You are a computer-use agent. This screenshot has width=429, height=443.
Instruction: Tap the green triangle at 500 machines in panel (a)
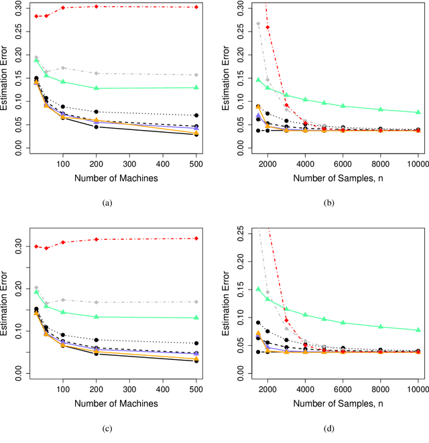click(x=196, y=87)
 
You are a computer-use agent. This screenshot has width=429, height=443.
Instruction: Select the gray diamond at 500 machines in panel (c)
click(x=196, y=302)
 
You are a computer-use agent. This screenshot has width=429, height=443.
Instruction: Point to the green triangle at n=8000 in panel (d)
click(x=381, y=326)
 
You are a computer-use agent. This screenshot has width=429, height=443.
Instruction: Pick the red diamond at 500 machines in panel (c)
click(x=196, y=238)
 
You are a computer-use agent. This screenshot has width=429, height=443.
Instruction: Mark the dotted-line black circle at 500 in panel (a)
click(x=196, y=115)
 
